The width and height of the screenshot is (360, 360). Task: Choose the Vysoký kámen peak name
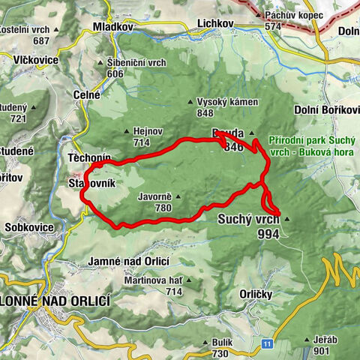[226, 102]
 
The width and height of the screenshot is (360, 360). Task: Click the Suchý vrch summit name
[247, 220]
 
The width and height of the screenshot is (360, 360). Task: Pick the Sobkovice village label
[29, 226]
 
